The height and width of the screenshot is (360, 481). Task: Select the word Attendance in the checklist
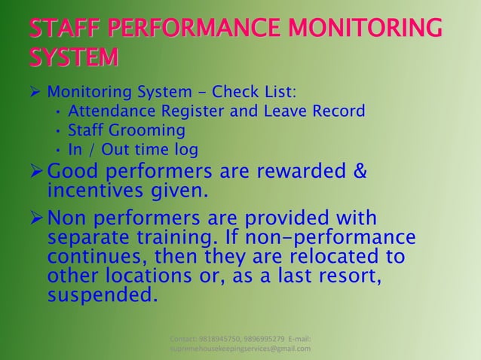tap(106, 111)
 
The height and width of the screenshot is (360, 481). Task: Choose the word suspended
tap(103, 294)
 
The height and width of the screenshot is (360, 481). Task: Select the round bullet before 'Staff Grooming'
tap(58, 130)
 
